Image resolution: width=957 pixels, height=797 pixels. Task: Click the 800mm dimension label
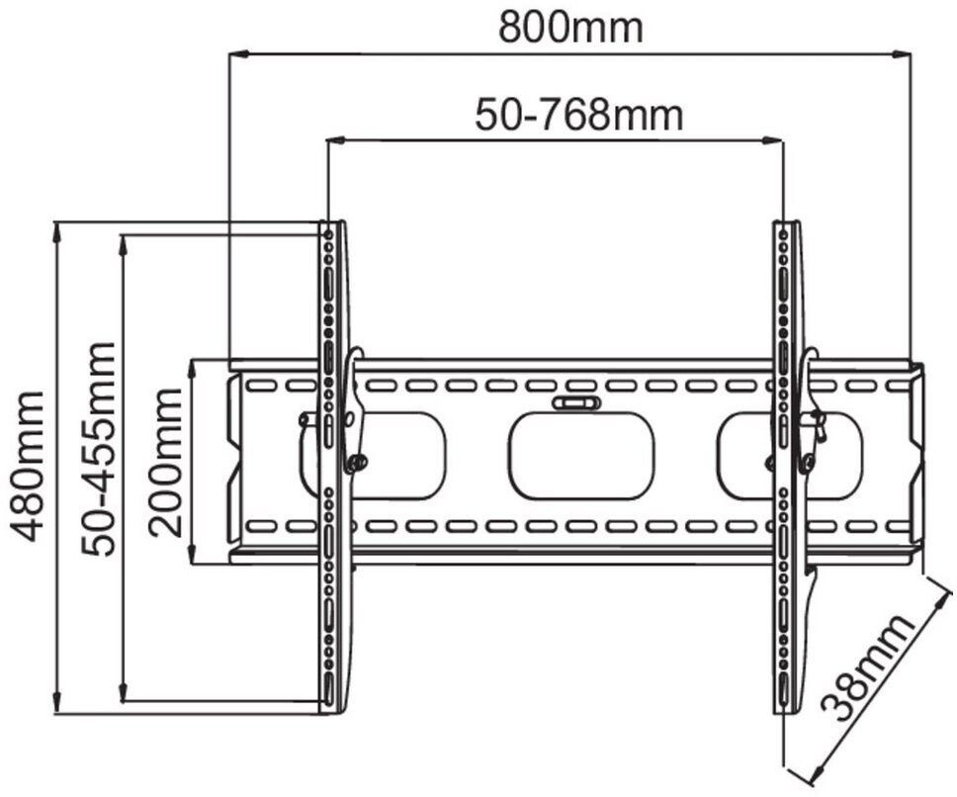click(x=570, y=27)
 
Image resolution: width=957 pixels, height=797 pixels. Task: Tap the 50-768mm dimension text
click(x=578, y=115)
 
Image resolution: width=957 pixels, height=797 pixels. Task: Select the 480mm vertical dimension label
click(x=29, y=466)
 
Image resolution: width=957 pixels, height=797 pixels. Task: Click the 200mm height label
click(x=167, y=462)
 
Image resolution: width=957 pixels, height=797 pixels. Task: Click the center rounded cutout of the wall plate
click(x=581, y=455)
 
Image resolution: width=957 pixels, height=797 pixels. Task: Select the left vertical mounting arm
click(x=333, y=465)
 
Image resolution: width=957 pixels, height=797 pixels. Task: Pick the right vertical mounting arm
click(x=788, y=465)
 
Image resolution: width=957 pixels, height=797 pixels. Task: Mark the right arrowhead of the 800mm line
click(x=904, y=54)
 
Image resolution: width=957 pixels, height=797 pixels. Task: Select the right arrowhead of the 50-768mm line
click(x=778, y=141)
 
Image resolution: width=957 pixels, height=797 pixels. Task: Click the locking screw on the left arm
click(x=357, y=461)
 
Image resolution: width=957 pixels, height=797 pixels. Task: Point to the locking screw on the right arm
click(x=809, y=460)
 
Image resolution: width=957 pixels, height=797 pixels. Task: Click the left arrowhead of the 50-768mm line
click(x=332, y=141)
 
